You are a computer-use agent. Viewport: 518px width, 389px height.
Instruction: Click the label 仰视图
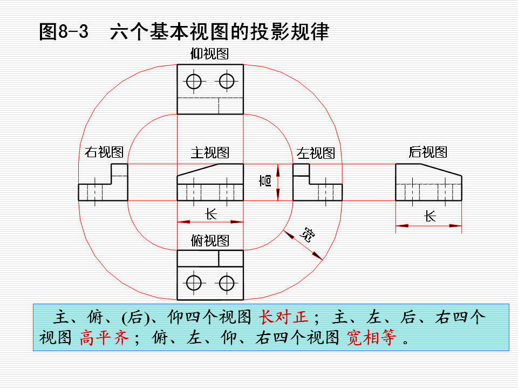(x=209, y=53)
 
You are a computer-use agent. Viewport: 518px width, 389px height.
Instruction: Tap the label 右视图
(x=104, y=152)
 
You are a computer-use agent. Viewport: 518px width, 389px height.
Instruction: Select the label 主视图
(x=210, y=152)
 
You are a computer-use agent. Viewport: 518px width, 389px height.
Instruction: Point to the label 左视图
(x=316, y=153)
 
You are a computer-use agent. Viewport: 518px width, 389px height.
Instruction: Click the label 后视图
(x=428, y=152)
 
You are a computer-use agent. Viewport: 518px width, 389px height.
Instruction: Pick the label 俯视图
(x=210, y=240)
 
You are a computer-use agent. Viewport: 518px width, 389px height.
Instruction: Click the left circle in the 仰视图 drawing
(x=194, y=82)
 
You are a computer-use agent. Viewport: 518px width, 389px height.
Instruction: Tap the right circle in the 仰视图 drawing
(x=227, y=82)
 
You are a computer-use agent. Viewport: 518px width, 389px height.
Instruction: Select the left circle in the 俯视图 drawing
(x=194, y=283)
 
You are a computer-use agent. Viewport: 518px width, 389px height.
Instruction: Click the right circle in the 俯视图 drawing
(x=227, y=283)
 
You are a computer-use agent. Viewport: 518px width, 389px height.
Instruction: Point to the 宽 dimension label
(x=307, y=234)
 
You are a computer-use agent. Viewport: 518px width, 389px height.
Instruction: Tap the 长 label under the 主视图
(x=211, y=214)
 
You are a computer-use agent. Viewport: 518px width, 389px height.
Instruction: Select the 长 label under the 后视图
(x=430, y=217)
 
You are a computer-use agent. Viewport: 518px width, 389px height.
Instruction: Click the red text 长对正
(x=283, y=317)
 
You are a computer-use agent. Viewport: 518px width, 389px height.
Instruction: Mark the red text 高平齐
(x=104, y=338)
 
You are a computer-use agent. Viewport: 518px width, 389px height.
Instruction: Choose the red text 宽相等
(x=371, y=338)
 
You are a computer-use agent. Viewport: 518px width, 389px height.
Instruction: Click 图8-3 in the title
(x=64, y=32)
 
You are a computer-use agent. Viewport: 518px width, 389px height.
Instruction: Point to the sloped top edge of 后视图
(x=441, y=170)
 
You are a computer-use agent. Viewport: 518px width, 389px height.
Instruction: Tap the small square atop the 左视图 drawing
(x=301, y=170)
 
